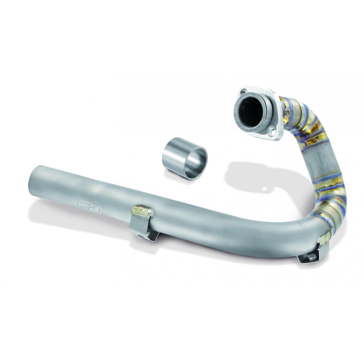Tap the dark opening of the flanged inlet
pos(250,109)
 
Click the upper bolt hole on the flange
pos(244,91)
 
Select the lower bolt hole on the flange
pos(273,131)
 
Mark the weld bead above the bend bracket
pos(324,237)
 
